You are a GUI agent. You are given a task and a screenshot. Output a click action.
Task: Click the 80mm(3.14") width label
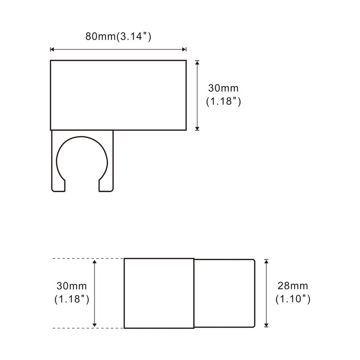[x=118, y=37]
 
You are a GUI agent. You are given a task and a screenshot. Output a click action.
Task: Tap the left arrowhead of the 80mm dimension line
[x=52, y=49]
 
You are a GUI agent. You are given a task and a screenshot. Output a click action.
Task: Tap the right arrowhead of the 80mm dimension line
[x=184, y=49]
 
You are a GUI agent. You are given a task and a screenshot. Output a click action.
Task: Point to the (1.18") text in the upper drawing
[x=224, y=102]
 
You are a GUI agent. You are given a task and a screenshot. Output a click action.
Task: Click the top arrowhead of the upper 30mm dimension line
[x=197, y=63]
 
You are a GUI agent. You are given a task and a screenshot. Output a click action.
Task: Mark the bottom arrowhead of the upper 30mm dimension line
[x=197, y=128]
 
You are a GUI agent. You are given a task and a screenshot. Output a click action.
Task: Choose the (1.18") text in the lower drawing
[x=71, y=298]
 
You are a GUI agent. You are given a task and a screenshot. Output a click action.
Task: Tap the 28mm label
[x=293, y=285]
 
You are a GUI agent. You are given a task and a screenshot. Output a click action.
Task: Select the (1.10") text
[x=293, y=298]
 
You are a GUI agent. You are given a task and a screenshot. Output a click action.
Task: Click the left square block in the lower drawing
[x=159, y=293]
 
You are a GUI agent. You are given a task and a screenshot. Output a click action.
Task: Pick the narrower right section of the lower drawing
[x=224, y=293]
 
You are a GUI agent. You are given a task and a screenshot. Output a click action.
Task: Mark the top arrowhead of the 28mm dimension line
[x=266, y=261]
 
